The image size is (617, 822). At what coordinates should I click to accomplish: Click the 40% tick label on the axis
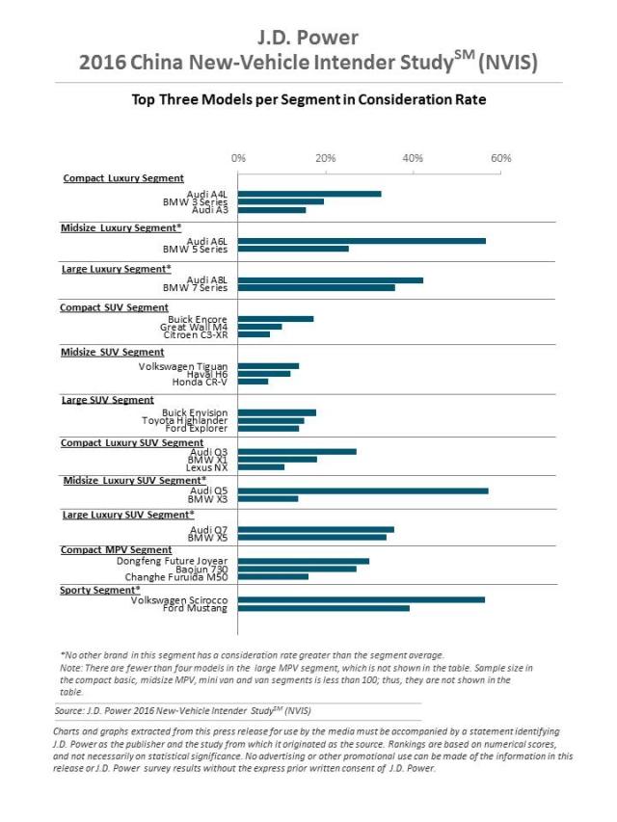click(x=413, y=158)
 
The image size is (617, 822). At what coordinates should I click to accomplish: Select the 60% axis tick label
click(x=500, y=158)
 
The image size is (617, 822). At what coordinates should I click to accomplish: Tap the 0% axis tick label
click(x=239, y=158)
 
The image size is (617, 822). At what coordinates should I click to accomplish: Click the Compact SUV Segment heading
click(x=114, y=307)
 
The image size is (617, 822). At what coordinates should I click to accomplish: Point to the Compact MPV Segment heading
click(x=116, y=550)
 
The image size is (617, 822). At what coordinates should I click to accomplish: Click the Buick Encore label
click(x=199, y=319)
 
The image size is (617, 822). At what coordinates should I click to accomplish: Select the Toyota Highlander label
click(x=185, y=419)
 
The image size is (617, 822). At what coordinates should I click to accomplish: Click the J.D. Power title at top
click(x=308, y=38)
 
